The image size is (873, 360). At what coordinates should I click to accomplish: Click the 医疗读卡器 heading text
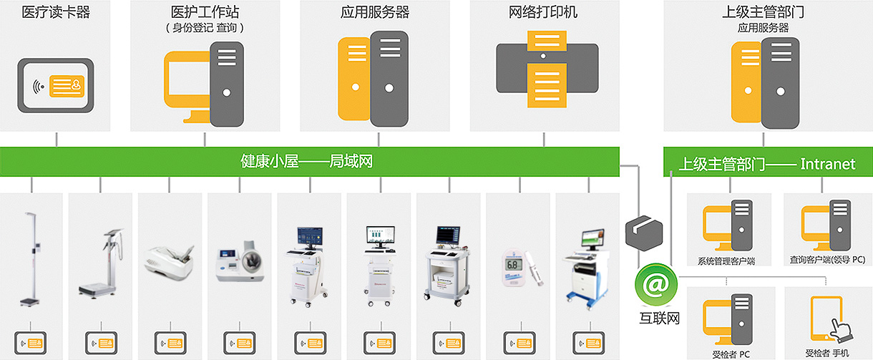pyautogui.click(x=56, y=12)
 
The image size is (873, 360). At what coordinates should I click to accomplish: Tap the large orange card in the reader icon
pyautogui.click(x=67, y=86)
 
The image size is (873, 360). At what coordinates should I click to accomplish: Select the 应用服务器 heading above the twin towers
pyautogui.click(x=375, y=12)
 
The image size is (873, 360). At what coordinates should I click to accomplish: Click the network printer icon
pyautogui.click(x=547, y=69)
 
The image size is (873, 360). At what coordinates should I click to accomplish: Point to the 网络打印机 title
pyautogui.click(x=543, y=12)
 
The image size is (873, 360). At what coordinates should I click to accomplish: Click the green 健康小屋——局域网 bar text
pyautogui.click(x=306, y=161)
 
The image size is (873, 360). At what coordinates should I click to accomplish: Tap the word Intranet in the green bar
pyautogui.click(x=828, y=164)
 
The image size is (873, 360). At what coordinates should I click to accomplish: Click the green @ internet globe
pyautogui.click(x=656, y=284)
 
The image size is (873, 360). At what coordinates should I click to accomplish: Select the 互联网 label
pyautogui.click(x=660, y=318)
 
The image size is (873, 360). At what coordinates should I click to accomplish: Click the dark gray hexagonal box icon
pyautogui.click(x=644, y=233)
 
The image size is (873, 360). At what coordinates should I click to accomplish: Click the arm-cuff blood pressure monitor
pyautogui.click(x=240, y=261)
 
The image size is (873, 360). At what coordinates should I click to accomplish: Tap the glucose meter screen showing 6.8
pyautogui.click(x=512, y=265)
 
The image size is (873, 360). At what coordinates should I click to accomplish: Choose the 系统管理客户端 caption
pyautogui.click(x=726, y=261)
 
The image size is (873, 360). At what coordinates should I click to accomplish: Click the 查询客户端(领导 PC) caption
pyautogui.click(x=827, y=260)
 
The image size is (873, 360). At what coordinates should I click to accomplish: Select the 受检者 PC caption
pyautogui.click(x=731, y=354)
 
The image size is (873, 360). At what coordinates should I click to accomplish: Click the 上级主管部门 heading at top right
pyautogui.click(x=763, y=12)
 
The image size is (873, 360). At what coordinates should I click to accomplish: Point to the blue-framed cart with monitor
pyautogui.click(x=587, y=269)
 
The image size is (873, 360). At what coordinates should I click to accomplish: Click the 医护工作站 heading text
pyautogui.click(x=205, y=12)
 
